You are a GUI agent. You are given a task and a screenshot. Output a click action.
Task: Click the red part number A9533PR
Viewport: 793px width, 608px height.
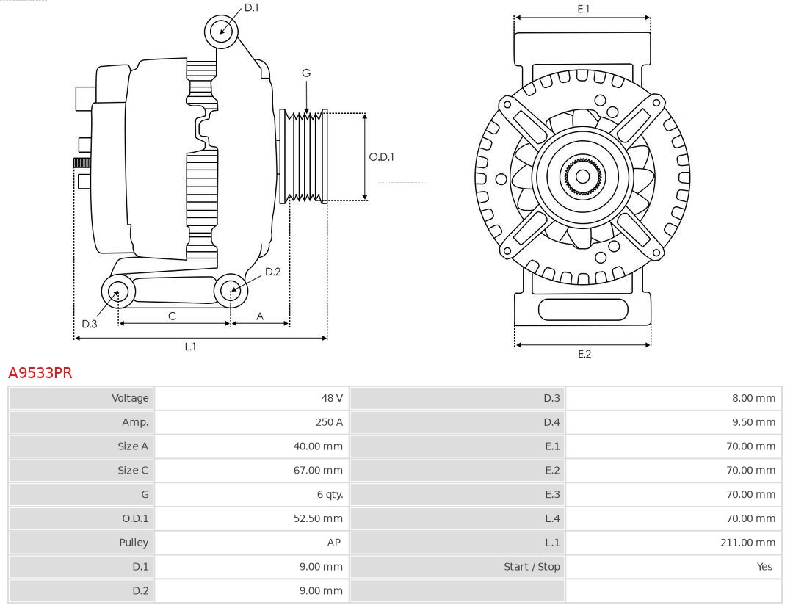pyautogui.click(x=40, y=372)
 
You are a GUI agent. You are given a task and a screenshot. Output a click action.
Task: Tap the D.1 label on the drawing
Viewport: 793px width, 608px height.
pyautogui.click(x=252, y=7)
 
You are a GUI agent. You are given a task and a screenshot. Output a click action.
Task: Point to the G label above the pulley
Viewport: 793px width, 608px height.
pyautogui.click(x=306, y=73)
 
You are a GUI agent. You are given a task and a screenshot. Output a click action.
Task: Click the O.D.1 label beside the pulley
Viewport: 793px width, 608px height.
pyautogui.click(x=381, y=156)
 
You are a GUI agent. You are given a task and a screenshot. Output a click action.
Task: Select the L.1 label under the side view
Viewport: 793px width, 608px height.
pyautogui.click(x=190, y=347)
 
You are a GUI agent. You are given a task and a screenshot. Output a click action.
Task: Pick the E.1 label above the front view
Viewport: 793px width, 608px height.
pyautogui.click(x=584, y=9)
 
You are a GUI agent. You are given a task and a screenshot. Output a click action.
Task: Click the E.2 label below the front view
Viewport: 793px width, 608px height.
pyautogui.click(x=584, y=354)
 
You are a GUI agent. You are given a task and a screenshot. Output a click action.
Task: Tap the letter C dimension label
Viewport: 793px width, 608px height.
pyautogui.click(x=172, y=316)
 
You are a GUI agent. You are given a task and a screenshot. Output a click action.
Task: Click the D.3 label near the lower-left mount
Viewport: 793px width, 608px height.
pyautogui.click(x=90, y=324)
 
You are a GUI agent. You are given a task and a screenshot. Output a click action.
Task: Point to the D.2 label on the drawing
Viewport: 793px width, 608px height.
pyautogui.click(x=272, y=272)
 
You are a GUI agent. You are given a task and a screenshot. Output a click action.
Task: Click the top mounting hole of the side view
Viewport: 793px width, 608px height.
pyautogui.click(x=221, y=31)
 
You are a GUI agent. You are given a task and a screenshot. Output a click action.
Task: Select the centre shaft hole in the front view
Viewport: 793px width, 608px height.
pyautogui.click(x=583, y=176)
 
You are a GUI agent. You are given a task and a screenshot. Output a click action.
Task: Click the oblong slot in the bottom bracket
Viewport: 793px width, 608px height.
pyautogui.click(x=583, y=309)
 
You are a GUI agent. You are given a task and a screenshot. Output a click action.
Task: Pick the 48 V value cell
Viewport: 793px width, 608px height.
pyautogui.click(x=332, y=398)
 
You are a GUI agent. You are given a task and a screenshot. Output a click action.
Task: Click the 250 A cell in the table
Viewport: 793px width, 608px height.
pyautogui.click(x=329, y=422)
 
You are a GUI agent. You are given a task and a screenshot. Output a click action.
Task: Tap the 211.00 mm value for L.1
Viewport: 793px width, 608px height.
pyautogui.click(x=748, y=543)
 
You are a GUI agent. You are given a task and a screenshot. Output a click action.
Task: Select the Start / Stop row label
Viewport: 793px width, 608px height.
pyautogui.click(x=532, y=567)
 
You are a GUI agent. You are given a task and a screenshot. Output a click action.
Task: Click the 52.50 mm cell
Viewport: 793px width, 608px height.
pyautogui.click(x=318, y=518)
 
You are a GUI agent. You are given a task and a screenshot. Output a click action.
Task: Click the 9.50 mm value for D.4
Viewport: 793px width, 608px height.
pyautogui.click(x=753, y=422)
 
